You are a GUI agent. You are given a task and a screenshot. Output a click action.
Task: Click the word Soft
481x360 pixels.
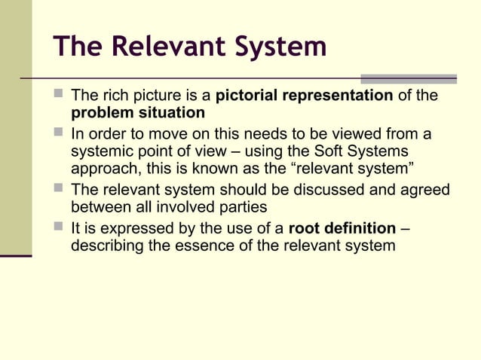coord(339,151)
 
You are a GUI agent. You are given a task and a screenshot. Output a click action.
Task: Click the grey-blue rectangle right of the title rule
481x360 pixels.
coord(409,78)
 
